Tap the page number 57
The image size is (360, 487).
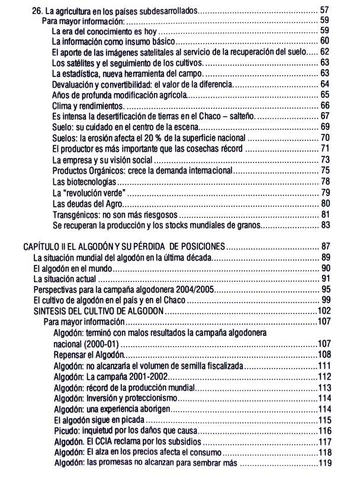tap(324, 11)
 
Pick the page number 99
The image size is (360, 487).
tap(324, 300)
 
